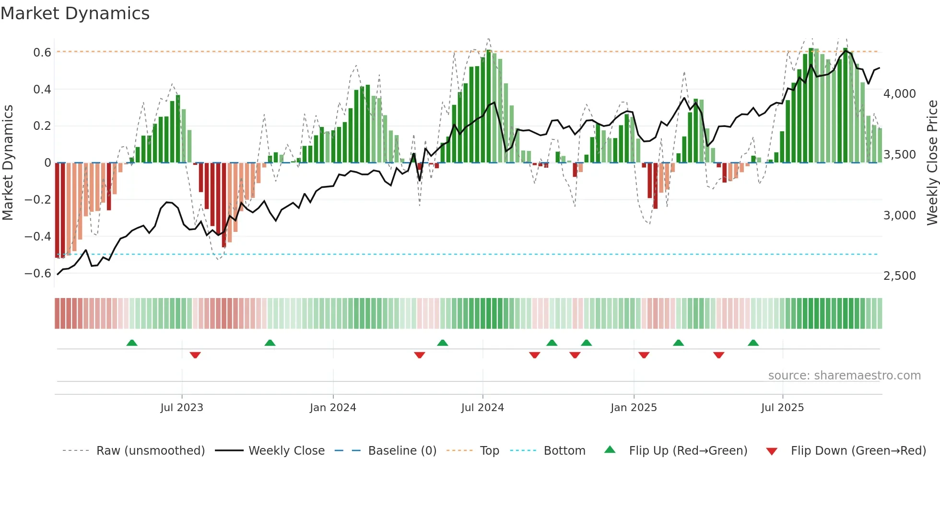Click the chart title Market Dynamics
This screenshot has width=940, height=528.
75,13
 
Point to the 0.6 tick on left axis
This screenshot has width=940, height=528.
42,52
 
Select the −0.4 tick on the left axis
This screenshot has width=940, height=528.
38,236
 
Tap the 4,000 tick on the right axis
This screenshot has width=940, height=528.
899,93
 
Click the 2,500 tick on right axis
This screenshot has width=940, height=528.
899,275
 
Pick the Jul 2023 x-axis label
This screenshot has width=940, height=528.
182,408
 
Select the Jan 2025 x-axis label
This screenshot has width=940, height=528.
634,408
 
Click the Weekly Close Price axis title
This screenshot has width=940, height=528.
932,162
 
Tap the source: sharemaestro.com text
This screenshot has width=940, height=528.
844,376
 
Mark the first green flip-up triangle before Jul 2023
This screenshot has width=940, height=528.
132,343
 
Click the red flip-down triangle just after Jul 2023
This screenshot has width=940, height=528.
195,355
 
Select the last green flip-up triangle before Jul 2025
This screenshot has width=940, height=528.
753,343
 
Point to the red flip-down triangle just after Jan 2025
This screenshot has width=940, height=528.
644,355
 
